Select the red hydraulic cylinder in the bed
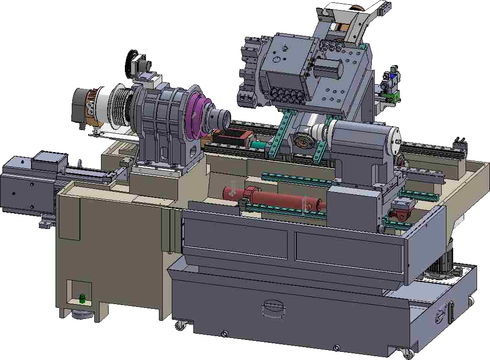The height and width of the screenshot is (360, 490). tap(273, 196)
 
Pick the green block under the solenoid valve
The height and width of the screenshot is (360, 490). tap(391, 98)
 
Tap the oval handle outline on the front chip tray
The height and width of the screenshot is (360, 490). tap(273, 309)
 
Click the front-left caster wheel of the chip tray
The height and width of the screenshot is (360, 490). tap(180, 326)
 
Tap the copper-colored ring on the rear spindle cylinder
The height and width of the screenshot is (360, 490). tap(89, 108)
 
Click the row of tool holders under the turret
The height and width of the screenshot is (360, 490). tap(287, 95)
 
